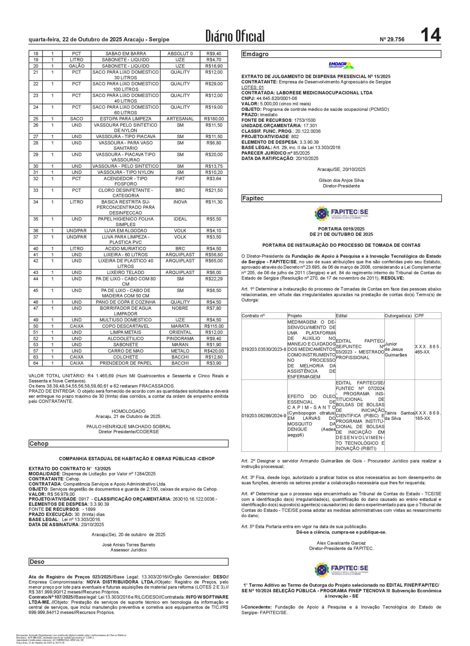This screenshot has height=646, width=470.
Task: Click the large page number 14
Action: click(x=430, y=35)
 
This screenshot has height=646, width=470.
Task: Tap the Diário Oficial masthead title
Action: click(x=235, y=36)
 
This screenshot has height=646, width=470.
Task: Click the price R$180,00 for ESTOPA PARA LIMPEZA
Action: click(x=214, y=119)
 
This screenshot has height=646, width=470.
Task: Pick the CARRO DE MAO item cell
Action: click(x=125, y=351)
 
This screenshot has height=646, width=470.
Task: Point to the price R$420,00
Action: click(x=214, y=351)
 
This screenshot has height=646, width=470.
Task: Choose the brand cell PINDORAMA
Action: click(x=180, y=339)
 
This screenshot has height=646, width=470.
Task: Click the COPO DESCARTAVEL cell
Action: click(x=125, y=326)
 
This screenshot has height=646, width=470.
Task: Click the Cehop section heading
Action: click(x=39, y=444)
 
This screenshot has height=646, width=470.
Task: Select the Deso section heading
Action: click(x=37, y=562)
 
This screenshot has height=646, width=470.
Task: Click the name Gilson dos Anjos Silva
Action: click(x=341, y=180)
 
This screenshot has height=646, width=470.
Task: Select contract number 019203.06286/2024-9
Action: click(x=264, y=416)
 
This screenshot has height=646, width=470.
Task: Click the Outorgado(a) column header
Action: click(x=398, y=316)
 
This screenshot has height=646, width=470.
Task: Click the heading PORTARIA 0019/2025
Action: click(x=341, y=229)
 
